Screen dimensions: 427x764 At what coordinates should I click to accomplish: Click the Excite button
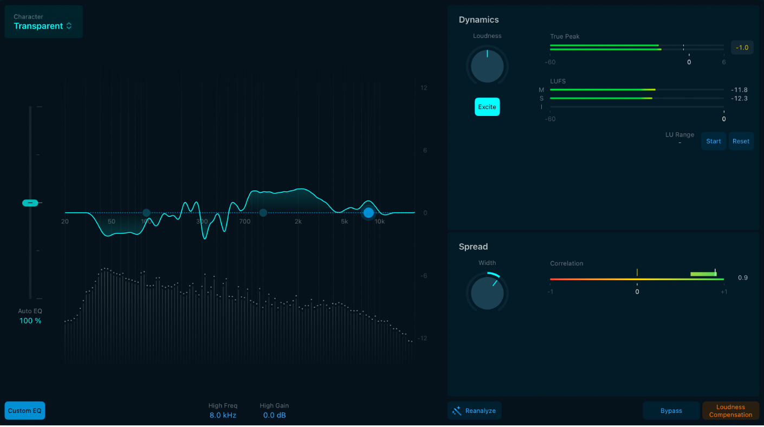487,107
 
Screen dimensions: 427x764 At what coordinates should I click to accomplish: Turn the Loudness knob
487,66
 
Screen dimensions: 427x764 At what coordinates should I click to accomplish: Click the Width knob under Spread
487,293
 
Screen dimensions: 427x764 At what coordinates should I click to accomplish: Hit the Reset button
741,141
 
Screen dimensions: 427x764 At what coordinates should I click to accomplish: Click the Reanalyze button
475,411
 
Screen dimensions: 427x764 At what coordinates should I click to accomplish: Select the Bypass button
671,411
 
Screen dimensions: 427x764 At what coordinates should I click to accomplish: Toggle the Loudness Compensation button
730,411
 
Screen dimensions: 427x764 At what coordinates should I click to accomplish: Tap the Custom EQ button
25,411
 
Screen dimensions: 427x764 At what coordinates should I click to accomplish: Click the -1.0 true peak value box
742,48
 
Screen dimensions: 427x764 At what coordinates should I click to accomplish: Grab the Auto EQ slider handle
30,203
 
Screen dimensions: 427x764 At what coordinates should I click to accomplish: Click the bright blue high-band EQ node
368,213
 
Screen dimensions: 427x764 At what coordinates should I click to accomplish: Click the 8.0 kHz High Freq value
223,416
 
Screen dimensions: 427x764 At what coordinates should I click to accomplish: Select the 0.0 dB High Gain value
274,416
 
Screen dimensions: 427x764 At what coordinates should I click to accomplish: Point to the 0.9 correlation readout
742,278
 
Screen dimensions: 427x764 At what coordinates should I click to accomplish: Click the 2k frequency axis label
298,222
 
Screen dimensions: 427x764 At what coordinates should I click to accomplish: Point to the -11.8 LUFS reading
739,90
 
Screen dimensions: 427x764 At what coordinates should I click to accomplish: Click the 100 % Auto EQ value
30,321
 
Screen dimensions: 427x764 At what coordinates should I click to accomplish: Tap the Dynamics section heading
478,20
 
